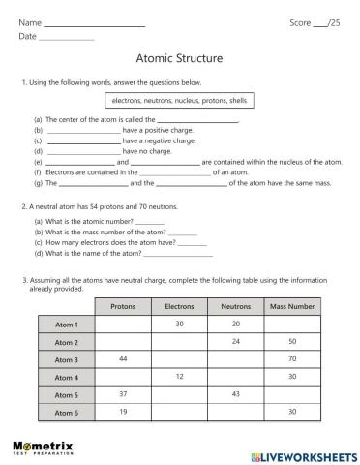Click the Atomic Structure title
(180, 58)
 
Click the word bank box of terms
(180, 100)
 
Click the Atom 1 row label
(67, 325)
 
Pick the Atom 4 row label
(67, 377)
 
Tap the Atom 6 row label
(67, 412)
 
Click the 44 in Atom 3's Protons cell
(123, 359)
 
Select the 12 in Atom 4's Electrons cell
(179, 377)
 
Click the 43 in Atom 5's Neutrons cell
(235, 394)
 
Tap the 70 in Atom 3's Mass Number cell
(291, 359)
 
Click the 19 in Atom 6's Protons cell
(123, 412)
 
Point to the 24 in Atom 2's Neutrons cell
(235, 342)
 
